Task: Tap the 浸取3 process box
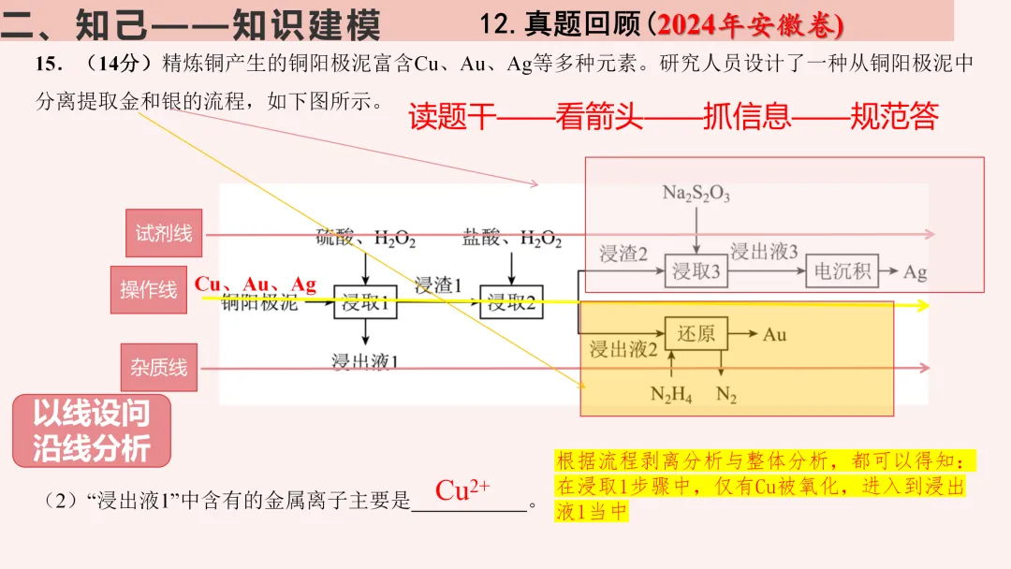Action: [x=696, y=272]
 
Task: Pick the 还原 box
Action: [x=696, y=334]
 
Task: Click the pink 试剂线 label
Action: [x=164, y=233]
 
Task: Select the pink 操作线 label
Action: [x=148, y=290]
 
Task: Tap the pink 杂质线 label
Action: [x=158, y=368]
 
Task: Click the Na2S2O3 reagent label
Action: [x=696, y=194]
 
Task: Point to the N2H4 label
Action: [x=670, y=395]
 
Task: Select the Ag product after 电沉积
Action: [x=915, y=273]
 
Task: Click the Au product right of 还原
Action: [x=775, y=334]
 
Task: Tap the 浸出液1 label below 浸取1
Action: [x=365, y=361]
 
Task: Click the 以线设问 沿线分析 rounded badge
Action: [x=92, y=431]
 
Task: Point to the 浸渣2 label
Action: [x=623, y=253]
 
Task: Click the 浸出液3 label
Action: [x=764, y=252]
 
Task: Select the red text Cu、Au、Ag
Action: [x=256, y=284]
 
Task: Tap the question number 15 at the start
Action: [x=48, y=64]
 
